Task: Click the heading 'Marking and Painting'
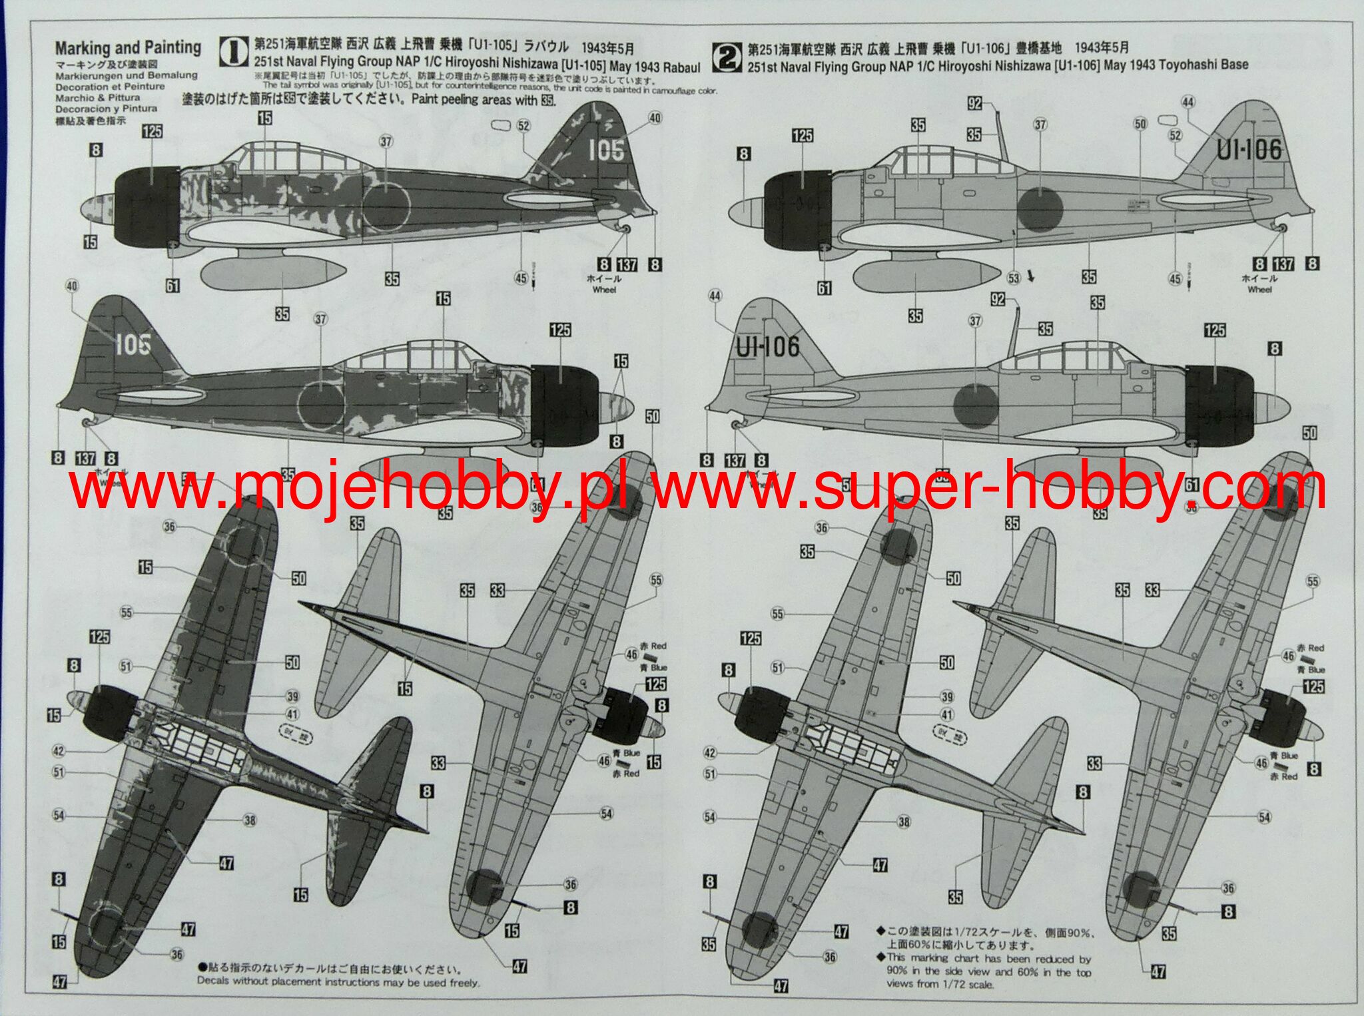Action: click(x=128, y=48)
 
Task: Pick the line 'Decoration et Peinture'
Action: click(x=110, y=87)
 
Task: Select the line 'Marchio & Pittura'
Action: click(x=98, y=97)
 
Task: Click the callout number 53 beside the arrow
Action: click(x=1013, y=278)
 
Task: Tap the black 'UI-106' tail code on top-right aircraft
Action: click(x=1249, y=150)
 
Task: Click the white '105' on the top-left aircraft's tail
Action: click(x=606, y=150)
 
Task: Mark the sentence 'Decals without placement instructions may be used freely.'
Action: click(x=338, y=982)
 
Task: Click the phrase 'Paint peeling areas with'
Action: click(x=474, y=100)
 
